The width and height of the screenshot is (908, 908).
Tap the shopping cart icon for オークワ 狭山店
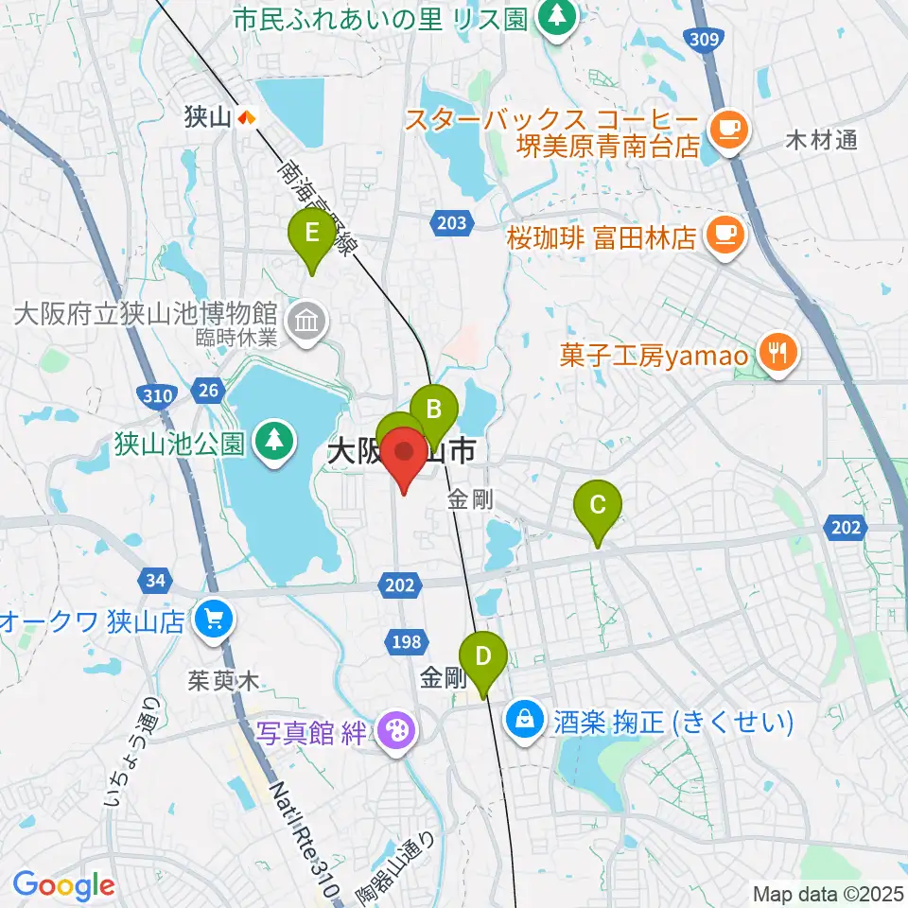[211, 621]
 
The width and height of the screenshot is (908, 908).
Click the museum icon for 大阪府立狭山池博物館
[307, 322]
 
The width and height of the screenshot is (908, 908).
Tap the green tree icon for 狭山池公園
[274, 442]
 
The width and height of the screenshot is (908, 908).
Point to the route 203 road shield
[452, 222]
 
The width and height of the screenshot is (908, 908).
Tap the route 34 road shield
[154, 578]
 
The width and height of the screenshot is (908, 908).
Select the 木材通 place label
[822, 142]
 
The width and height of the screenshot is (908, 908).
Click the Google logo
[63, 886]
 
